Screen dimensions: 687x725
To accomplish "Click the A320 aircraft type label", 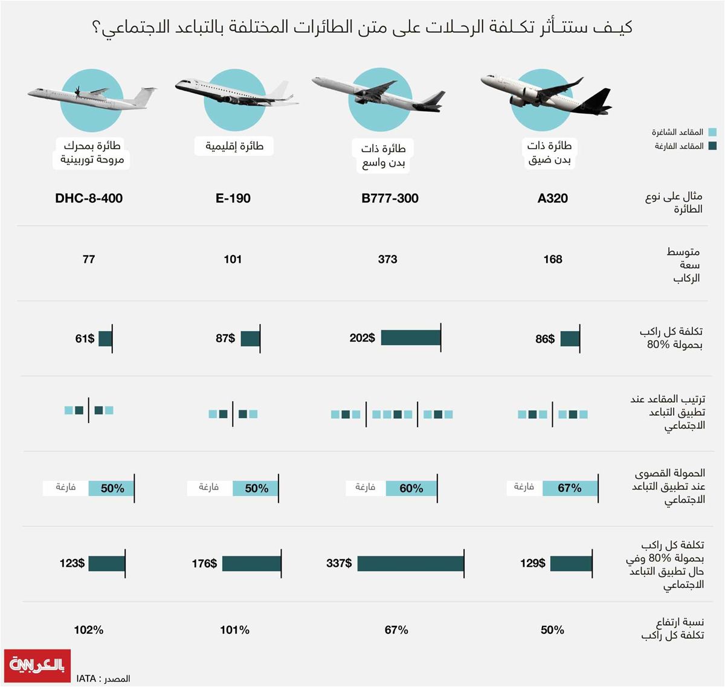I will click(552, 198).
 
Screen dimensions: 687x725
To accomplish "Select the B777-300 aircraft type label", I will click(390, 198).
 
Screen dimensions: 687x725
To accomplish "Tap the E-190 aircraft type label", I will click(233, 198).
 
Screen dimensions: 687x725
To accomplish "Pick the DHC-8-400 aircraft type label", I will click(89, 198).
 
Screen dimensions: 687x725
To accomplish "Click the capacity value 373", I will click(387, 259).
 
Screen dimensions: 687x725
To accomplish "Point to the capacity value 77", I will click(89, 259).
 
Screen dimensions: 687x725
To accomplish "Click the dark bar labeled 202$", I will click(410, 338).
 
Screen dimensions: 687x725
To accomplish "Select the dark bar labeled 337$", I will click(410, 563).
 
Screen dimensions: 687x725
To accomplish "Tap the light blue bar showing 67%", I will click(570, 488).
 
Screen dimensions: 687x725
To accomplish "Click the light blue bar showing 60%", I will click(411, 488).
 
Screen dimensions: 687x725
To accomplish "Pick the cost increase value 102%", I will click(89, 630).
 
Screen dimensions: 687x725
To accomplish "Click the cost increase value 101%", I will click(234, 630).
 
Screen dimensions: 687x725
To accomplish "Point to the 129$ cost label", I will click(532, 563).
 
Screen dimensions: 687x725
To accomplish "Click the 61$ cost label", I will click(85, 338).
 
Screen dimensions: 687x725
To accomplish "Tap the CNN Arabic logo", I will click(37, 665).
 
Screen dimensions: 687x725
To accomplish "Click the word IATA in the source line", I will click(86, 679).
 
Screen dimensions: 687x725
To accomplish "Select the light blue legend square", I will click(712, 132).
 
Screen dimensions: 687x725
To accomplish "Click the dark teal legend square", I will click(712, 146).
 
